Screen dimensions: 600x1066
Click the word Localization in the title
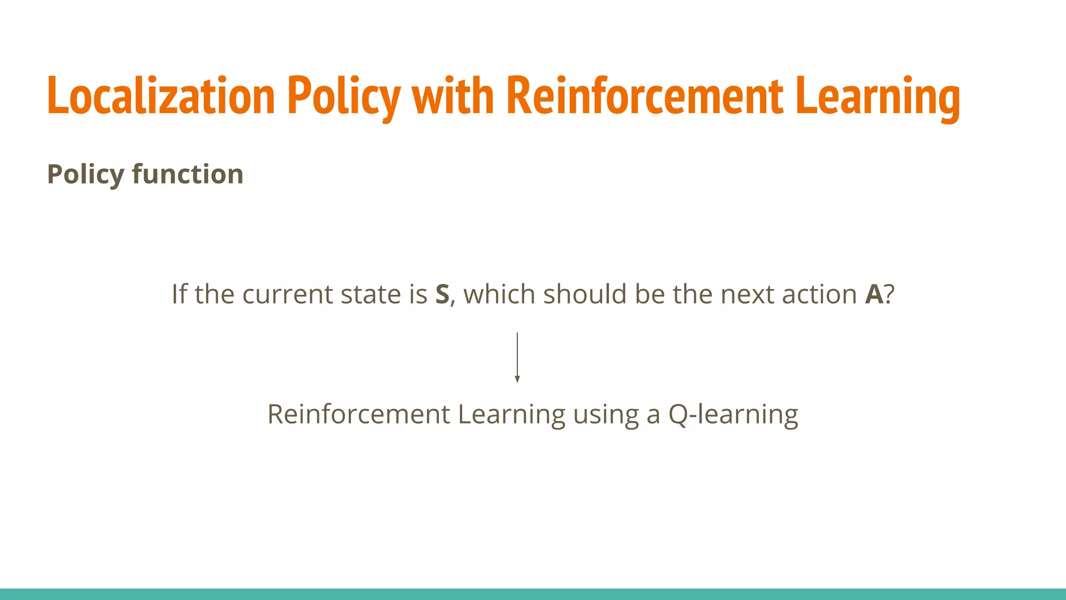click(160, 96)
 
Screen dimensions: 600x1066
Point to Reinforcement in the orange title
click(644, 96)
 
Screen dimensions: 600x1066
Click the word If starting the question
click(179, 294)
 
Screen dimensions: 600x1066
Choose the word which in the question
click(499, 294)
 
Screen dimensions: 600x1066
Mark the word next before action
click(743, 295)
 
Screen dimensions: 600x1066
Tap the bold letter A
click(874, 295)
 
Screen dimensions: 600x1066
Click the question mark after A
click(889, 295)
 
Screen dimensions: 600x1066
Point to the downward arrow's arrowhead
click(517, 379)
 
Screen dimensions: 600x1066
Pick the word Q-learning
click(733, 415)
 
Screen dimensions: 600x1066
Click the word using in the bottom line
click(605, 415)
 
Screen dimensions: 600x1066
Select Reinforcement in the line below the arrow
click(359, 415)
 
